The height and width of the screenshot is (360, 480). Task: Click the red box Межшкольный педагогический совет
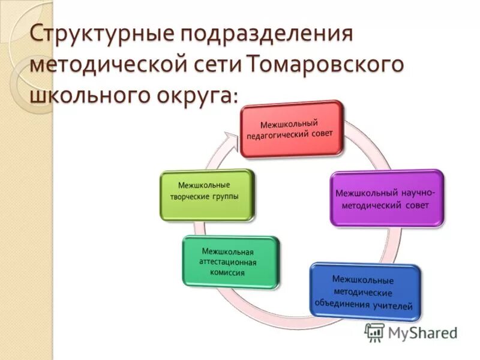tap(293, 129)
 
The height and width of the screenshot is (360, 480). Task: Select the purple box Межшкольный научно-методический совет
tap(387, 198)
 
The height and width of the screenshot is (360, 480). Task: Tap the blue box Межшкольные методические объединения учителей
tap(365, 292)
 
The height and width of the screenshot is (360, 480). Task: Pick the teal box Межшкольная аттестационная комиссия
tap(231, 262)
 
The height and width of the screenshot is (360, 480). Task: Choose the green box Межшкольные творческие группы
tap(208, 195)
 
